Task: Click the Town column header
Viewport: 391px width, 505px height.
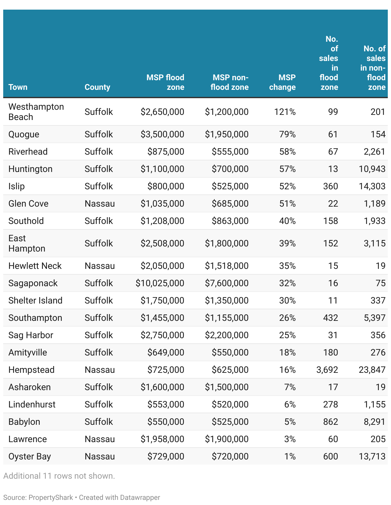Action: [x=18, y=87]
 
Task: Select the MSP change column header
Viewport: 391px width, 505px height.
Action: [x=282, y=82]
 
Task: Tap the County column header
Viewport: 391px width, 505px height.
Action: [x=97, y=87]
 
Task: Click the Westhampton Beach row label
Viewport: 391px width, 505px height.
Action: [x=36, y=112]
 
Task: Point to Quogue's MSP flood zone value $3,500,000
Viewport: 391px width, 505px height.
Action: [x=162, y=134]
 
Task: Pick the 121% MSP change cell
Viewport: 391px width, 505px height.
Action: [x=285, y=112]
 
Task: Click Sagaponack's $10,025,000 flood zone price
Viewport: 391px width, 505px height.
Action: [x=160, y=283]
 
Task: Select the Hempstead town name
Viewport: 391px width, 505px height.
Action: [x=31, y=370]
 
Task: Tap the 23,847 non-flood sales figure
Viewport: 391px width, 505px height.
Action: [x=372, y=370]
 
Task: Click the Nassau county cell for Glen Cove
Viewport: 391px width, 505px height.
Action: [x=100, y=203]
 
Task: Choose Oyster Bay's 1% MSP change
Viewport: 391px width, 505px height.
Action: [x=290, y=456]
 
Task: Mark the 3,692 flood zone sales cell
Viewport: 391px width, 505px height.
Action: [x=327, y=370]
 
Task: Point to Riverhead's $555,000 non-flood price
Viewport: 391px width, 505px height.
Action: [x=230, y=151]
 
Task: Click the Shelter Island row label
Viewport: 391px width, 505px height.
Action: [x=35, y=300]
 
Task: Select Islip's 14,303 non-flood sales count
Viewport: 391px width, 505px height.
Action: [x=372, y=186]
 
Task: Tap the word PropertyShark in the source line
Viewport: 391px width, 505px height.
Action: [x=51, y=497]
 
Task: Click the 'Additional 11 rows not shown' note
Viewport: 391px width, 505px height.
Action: [x=59, y=475]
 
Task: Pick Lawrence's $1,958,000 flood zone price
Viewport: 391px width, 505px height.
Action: [x=162, y=439]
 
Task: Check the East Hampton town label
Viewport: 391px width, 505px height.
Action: [x=27, y=243]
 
